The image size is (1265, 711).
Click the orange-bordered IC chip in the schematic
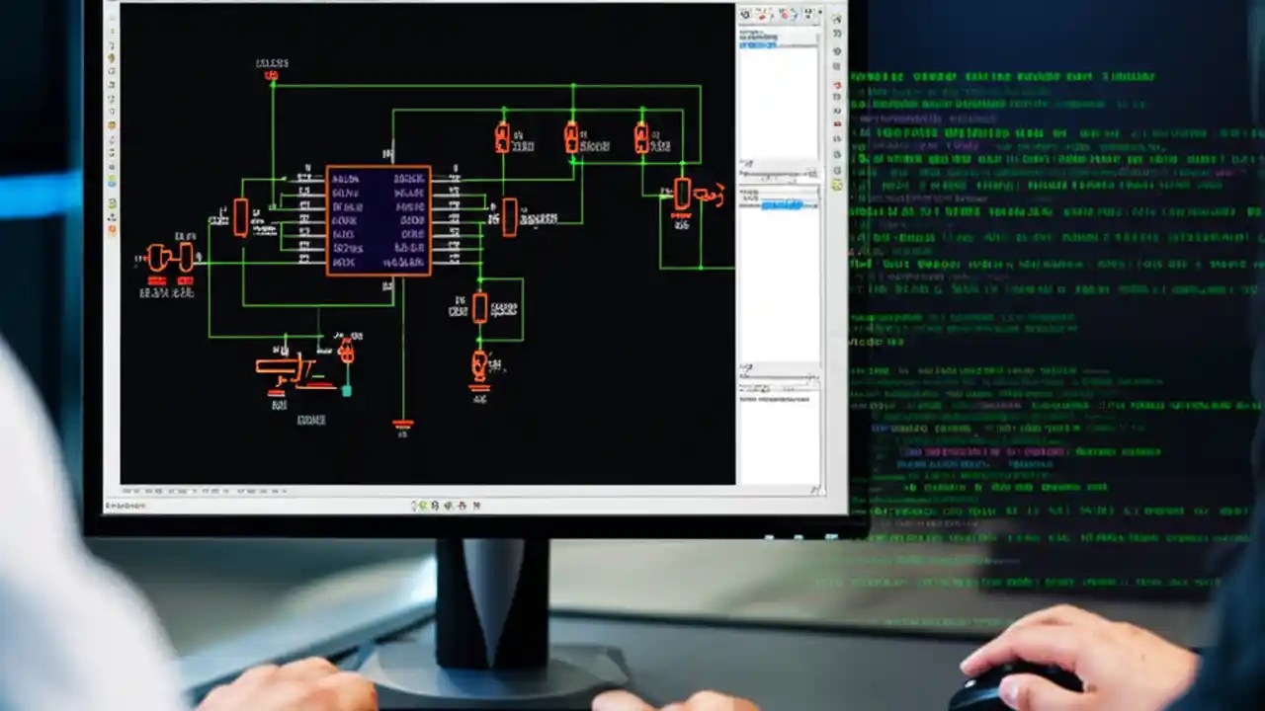(x=379, y=220)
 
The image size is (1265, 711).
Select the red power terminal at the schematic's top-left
(x=272, y=75)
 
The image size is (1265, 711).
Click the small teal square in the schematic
(x=346, y=391)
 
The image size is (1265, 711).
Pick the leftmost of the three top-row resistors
(x=502, y=137)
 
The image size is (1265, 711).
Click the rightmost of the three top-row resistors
(x=641, y=137)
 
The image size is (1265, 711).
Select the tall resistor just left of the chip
(x=240, y=217)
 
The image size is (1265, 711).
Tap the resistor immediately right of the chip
(x=509, y=217)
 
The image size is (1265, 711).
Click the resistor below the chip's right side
(x=479, y=308)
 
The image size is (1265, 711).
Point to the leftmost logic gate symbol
(x=156, y=258)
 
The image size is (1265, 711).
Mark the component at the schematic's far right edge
(x=683, y=194)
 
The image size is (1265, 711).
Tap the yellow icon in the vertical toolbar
(x=837, y=185)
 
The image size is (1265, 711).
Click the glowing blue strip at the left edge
(x=40, y=193)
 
